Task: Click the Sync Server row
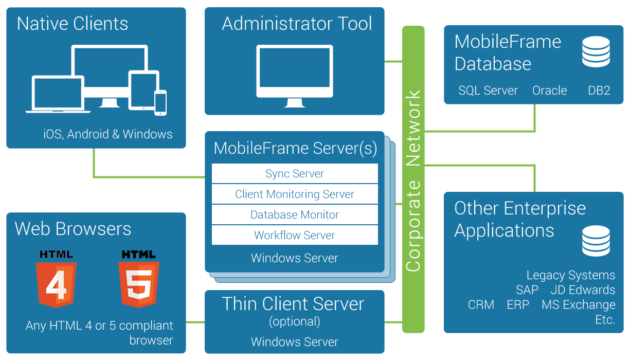[x=295, y=174]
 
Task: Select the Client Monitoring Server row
[x=295, y=194]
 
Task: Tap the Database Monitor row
[x=295, y=215]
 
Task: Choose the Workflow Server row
[x=295, y=236]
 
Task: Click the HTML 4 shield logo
[x=56, y=278]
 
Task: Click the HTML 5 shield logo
[x=138, y=278]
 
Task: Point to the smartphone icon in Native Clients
[x=160, y=103]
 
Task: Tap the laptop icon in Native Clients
[x=58, y=94]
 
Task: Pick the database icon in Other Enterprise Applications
[x=596, y=241]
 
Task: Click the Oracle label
[x=549, y=91]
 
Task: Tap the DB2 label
[x=599, y=91]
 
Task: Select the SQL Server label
[x=488, y=91]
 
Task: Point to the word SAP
[x=527, y=290]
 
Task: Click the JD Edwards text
[x=583, y=290]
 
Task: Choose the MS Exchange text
[x=579, y=305]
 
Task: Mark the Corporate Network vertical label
[x=413, y=180]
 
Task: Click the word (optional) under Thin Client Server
[x=295, y=322]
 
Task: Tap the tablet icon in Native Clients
[x=143, y=90]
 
